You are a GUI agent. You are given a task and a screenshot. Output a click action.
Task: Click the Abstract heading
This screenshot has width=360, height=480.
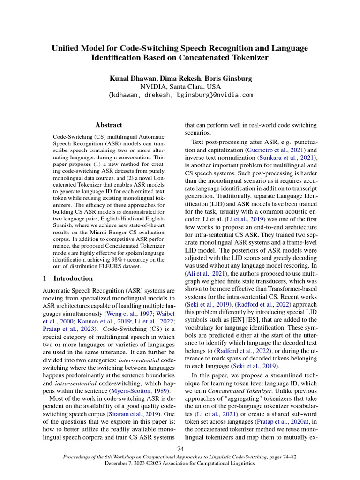point(108,125)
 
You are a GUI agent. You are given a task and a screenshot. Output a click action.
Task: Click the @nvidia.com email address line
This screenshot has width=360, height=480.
point(180,95)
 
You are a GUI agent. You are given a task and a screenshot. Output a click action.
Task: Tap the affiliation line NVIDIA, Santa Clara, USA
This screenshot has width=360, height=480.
point(180,86)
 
